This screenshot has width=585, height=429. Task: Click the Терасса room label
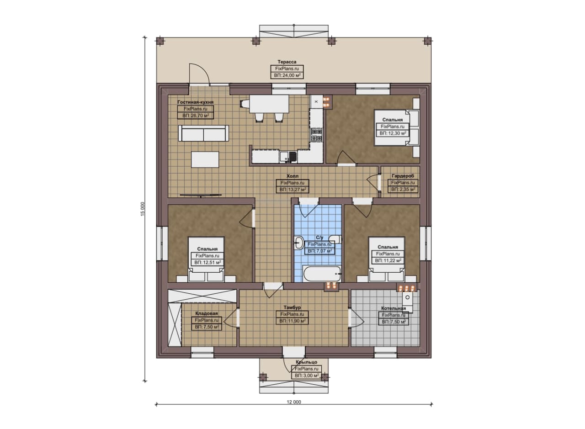(x=287, y=62)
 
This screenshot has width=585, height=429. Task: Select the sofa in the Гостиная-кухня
(x=203, y=133)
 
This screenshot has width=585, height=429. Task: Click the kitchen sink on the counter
(x=288, y=157)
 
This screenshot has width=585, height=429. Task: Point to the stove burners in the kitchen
(x=316, y=135)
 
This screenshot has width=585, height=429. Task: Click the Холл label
(x=292, y=176)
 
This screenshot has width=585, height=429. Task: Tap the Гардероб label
(x=403, y=176)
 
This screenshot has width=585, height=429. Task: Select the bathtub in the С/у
(x=322, y=274)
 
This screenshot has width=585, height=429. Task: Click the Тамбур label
(x=292, y=307)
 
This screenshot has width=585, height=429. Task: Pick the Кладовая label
(x=206, y=313)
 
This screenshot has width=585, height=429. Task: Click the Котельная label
(x=394, y=308)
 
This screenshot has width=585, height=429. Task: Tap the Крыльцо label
(x=306, y=362)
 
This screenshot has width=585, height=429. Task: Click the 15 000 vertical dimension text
(x=143, y=209)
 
